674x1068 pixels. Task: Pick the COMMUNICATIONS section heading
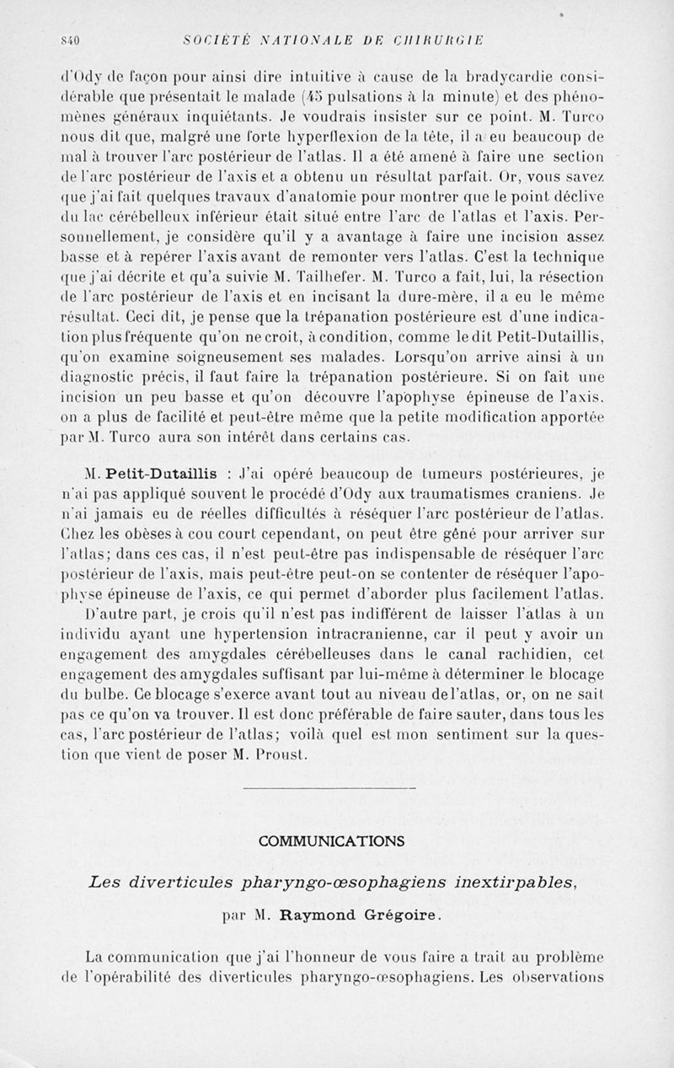tap(331, 841)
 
